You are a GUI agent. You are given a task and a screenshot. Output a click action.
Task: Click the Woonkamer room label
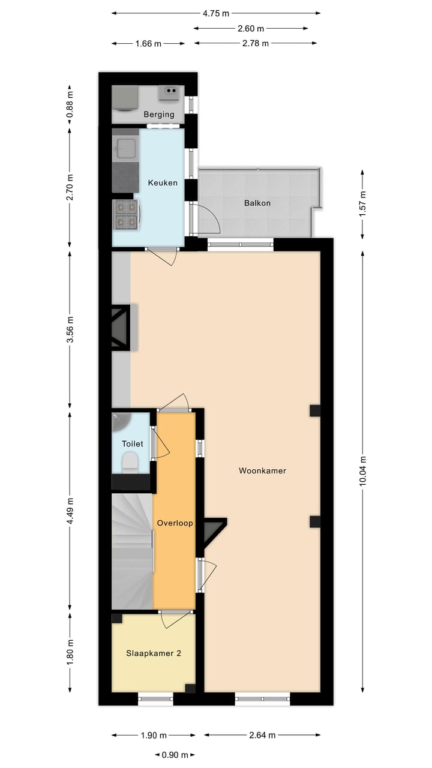pyautogui.click(x=262, y=471)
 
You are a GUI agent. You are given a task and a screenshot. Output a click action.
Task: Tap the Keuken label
pyautogui.click(x=163, y=182)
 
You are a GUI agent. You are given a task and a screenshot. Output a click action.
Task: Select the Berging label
pyautogui.click(x=158, y=115)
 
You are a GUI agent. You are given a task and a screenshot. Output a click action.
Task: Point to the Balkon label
pyautogui.click(x=257, y=203)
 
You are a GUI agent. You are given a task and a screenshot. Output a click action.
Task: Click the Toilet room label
pyautogui.click(x=133, y=444)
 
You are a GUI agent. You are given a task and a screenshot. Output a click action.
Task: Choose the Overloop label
pyautogui.click(x=175, y=523)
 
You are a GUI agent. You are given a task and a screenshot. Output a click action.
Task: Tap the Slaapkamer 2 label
pyautogui.click(x=153, y=653)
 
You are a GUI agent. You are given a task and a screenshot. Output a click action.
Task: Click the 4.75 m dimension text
pyautogui.click(x=216, y=13)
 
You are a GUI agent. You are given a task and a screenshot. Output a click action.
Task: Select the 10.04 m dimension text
pyautogui.click(x=363, y=472)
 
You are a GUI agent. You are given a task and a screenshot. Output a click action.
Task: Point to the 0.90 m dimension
pyautogui.click(x=175, y=755)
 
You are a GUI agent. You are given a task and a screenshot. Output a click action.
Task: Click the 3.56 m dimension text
pyautogui.click(x=70, y=329)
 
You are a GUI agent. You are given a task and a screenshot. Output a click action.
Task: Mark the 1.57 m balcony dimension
pyautogui.click(x=363, y=203)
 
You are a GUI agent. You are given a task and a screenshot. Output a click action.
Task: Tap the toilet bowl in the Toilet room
pyautogui.click(x=130, y=463)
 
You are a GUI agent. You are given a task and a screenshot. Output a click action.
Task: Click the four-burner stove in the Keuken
pyautogui.click(x=127, y=215)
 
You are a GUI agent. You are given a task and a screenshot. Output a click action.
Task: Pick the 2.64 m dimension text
pyautogui.click(x=262, y=735)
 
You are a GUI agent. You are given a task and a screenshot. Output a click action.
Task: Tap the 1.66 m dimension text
pyautogui.click(x=149, y=43)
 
